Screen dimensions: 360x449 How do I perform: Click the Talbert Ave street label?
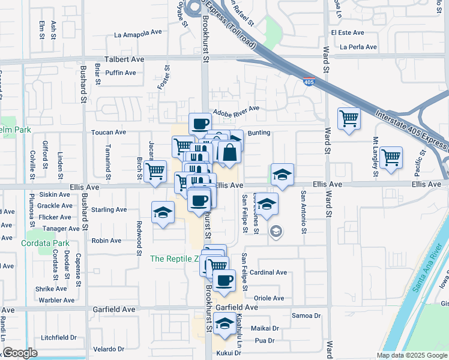(125, 59)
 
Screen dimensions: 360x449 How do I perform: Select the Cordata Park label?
(45, 244)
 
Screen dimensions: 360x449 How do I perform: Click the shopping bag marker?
(229, 153)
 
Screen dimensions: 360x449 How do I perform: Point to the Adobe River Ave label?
(238, 109)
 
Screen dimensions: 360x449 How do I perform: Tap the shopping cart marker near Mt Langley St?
(391, 158)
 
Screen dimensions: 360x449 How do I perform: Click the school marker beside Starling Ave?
(162, 213)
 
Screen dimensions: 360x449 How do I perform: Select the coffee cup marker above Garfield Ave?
(224, 280)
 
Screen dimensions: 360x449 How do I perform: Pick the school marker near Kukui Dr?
(224, 325)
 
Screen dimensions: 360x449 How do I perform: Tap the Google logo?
(20, 353)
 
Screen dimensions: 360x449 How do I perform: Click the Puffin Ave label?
(121, 73)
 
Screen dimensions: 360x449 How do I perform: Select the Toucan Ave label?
(108, 132)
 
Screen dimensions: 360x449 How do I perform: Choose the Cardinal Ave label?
(268, 272)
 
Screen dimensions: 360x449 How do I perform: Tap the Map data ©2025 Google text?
(412, 355)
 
